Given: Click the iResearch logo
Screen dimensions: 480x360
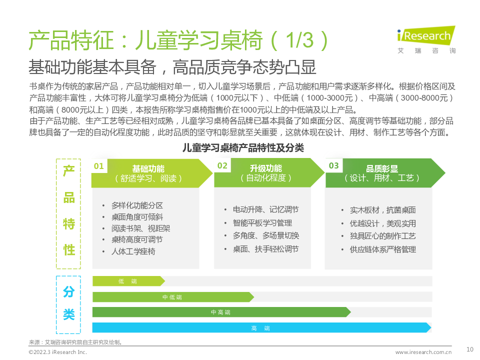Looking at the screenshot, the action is (426, 40).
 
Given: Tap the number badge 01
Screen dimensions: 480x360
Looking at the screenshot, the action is (99, 166).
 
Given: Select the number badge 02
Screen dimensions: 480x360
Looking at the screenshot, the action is (222, 165).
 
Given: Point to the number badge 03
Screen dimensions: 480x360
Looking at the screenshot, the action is (333, 165).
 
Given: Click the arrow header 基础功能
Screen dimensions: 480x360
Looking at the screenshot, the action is (152, 173).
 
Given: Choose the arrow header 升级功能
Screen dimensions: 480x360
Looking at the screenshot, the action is (269, 172).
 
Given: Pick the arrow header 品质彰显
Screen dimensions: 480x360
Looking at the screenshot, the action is (385, 173).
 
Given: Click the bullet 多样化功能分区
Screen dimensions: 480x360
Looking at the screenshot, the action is (137, 205).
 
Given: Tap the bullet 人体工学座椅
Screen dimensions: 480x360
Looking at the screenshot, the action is (133, 251).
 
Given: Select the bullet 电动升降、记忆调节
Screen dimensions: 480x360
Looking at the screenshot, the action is (265, 209).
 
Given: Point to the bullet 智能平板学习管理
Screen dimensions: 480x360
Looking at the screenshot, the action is (262, 223).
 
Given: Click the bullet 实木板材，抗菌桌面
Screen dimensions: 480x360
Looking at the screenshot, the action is (382, 210).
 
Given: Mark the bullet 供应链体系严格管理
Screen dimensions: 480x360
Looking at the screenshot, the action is (382, 249).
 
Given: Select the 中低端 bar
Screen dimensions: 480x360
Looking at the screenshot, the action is (173, 297).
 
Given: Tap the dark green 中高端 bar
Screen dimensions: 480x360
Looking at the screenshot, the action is (221, 312).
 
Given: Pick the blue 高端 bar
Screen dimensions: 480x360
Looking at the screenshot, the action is (261, 328).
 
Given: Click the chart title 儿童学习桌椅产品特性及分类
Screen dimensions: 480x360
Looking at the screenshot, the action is (243, 148).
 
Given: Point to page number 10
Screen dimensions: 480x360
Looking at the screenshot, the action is (470, 349).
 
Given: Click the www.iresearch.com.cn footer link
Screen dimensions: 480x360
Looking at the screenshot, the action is (423, 352).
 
